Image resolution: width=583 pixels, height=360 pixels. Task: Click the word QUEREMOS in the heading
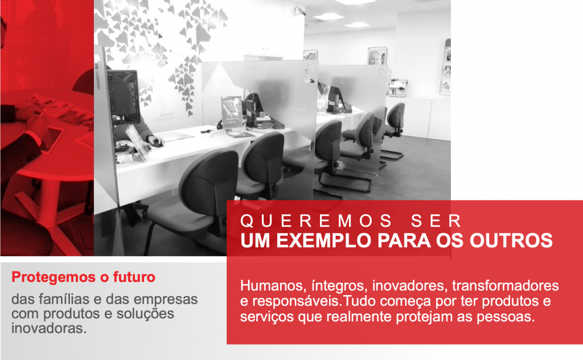click(316, 221)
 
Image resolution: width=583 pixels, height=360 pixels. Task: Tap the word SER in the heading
click(436, 221)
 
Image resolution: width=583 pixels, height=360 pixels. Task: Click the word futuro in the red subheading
click(134, 277)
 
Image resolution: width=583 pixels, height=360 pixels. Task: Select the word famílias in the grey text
click(65, 299)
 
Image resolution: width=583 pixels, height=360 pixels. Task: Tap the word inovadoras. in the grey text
click(49, 329)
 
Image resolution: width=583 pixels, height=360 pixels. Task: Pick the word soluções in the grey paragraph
click(145, 314)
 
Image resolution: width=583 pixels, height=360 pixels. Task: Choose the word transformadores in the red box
click(506, 285)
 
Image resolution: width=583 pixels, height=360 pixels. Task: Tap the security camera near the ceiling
click(299, 11)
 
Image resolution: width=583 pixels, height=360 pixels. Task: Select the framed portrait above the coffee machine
click(377, 56)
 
